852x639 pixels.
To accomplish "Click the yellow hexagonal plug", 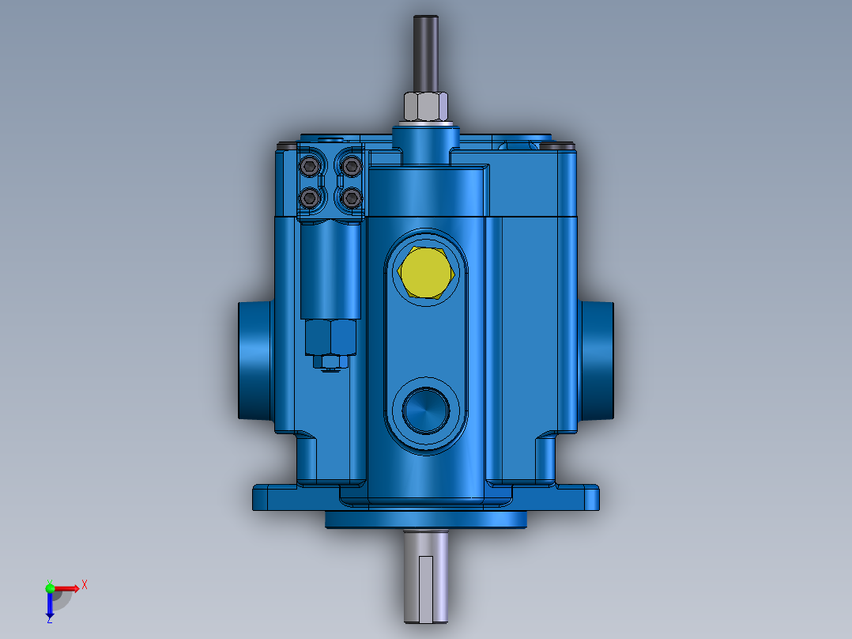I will click(x=426, y=273).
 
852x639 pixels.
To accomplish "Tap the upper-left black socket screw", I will click(x=309, y=166).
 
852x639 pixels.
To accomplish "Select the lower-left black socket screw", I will click(x=309, y=197).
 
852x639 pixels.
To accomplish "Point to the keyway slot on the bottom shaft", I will click(x=426, y=585).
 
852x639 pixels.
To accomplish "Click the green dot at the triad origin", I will click(x=50, y=587).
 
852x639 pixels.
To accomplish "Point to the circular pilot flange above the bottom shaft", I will click(x=426, y=520).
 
